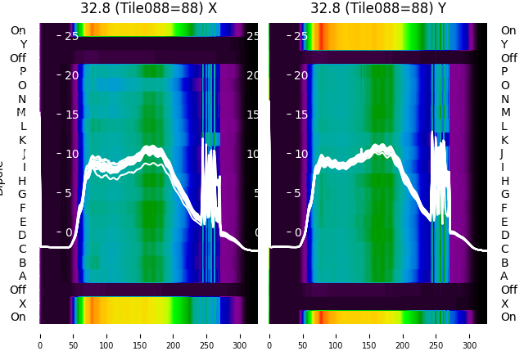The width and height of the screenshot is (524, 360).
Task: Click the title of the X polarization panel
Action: tap(148, 8)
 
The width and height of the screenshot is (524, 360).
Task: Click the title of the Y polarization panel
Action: tap(378, 8)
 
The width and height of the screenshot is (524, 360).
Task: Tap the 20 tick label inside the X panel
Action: tap(71, 75)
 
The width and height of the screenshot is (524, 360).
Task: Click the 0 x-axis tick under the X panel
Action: tap(40, 335)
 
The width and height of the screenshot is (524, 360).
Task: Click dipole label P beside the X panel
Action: tap(22, 71)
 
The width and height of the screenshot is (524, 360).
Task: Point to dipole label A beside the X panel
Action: tap(22, 276)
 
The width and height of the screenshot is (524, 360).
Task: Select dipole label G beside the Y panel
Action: tap(504, 194)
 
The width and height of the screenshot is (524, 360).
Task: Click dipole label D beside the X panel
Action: tap(22, 235)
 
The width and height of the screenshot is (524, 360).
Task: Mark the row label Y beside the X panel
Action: tap(23, 44)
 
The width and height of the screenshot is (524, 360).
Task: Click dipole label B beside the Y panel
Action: tap(504, 263)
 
